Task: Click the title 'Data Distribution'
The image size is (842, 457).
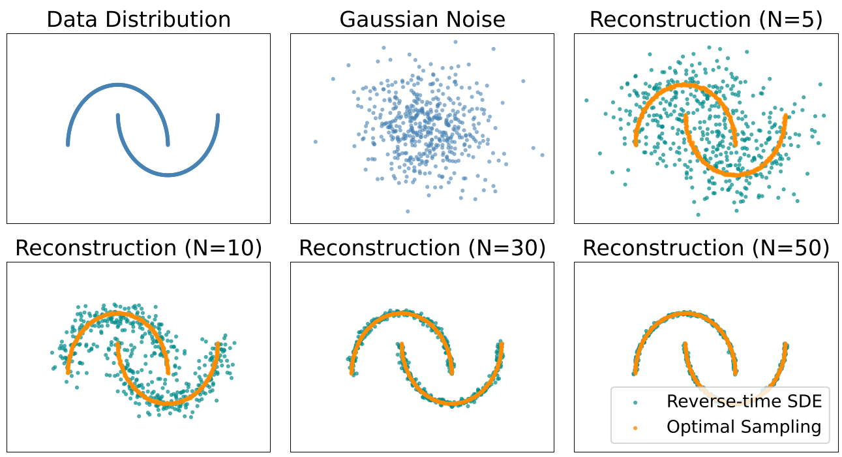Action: tap(139, 19)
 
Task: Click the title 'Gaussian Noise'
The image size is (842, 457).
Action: tap(422, 19)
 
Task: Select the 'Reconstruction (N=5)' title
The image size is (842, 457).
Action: tap(706, 19)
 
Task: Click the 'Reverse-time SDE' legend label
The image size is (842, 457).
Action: tap(744, 402)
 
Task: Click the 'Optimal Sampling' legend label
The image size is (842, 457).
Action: tap(744, 427)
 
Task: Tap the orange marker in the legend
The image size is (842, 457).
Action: tap(635, 428)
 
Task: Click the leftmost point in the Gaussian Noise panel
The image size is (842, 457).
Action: tap(316, 142)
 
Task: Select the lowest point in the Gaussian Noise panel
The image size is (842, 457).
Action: tap(408, 211)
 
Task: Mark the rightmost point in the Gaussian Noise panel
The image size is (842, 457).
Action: tap(542, 155)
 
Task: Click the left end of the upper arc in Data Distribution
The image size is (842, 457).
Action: tap(68, 144)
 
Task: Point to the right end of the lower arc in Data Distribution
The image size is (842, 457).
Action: tap(218, 116)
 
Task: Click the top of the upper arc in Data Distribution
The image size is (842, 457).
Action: tap(118, 85)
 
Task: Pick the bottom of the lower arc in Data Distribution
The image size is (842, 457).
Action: tap(168, 174)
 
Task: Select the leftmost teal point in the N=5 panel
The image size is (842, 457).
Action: tap(586, 101)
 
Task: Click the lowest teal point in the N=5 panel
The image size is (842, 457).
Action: tap(698, 214)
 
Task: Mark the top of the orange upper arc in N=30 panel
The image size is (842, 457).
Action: tap(402, 313)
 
